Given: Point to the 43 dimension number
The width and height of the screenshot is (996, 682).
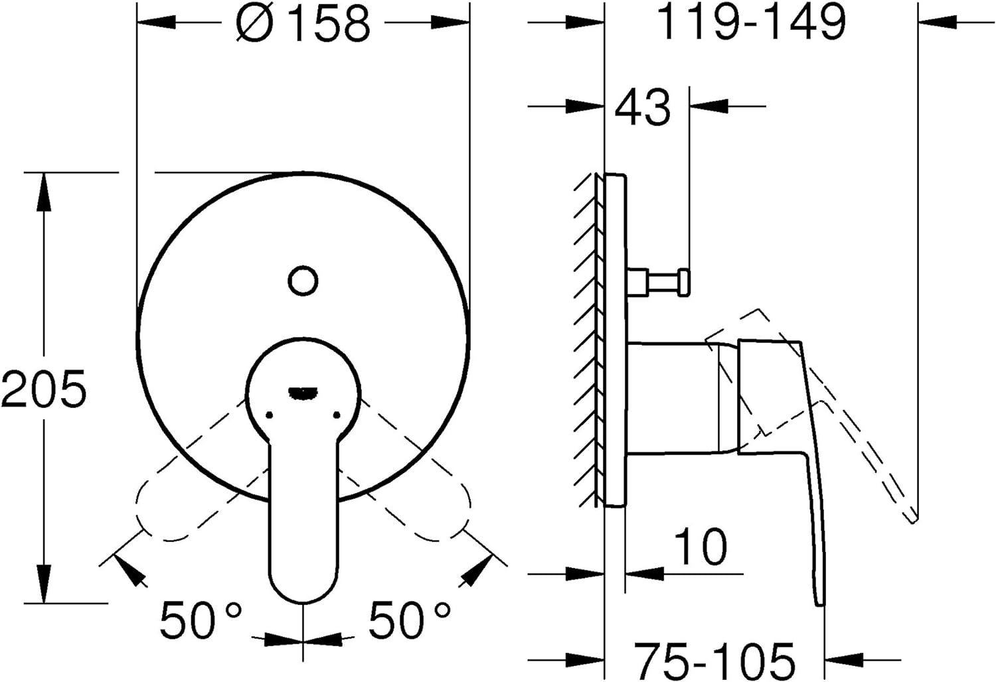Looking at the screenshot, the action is coord(643,107).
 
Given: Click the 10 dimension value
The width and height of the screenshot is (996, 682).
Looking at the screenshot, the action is coord(700,547).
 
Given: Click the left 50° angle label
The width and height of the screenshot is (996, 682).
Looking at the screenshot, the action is coord(201,620).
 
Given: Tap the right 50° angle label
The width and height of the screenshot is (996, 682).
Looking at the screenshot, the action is coord(409,620).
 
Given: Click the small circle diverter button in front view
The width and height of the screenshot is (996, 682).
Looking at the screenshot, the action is coord(303,281).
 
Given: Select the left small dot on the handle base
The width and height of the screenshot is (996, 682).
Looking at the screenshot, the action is coord(269,415).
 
